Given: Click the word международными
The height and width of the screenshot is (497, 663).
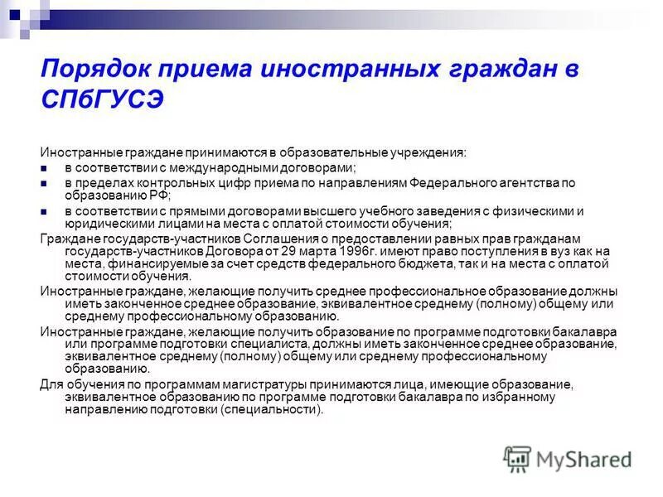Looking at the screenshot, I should pos(216,167).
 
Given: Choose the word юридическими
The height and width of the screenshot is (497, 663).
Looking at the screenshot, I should pos(104,224).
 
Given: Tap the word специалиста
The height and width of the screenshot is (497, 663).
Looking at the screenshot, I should pos(250,344).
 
